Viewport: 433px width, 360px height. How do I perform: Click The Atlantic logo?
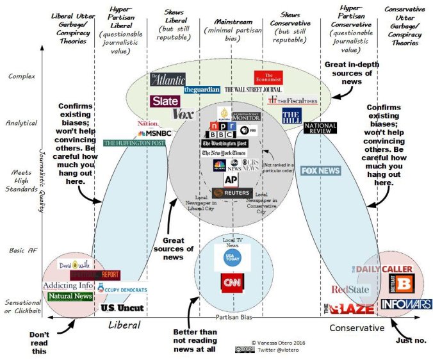168,79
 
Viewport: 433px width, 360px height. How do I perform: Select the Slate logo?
165,101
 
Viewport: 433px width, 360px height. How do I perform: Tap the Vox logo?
183,115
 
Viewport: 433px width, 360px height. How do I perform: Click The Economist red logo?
268,78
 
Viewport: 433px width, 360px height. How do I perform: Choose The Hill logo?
292,115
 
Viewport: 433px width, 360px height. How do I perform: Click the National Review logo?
320,128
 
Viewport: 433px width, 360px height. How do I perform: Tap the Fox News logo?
321,171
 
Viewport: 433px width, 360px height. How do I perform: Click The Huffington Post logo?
134,143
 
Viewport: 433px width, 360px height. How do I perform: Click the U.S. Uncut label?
122,308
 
